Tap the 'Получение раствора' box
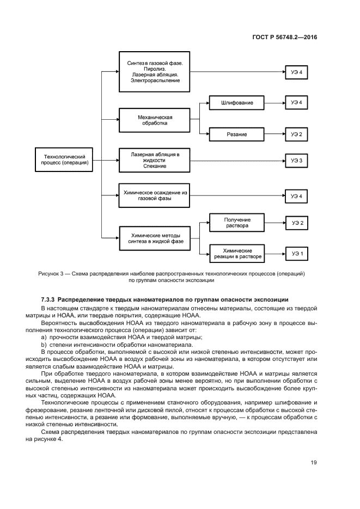pos(237,222)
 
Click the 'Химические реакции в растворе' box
pos(237,253)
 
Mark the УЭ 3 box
pos(296,160)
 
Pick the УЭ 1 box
pos(296,253)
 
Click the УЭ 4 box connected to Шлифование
pos(296,102)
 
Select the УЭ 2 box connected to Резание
pos(296,134)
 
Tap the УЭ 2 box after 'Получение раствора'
pos(296,222)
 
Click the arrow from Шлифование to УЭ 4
pos(274,102)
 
